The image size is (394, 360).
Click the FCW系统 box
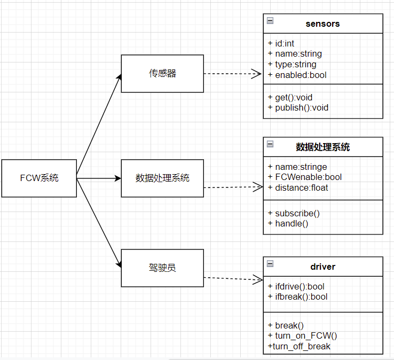39,178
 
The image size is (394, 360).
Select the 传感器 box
162,74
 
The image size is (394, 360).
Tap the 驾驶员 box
162,268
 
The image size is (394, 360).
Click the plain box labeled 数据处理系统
162,178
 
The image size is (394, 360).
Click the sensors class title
322,24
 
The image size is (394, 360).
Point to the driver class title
323,267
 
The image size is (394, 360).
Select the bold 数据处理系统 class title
323,147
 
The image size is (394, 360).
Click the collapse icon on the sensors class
270,21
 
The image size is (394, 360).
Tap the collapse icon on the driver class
270,264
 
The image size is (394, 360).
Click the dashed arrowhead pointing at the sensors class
257,74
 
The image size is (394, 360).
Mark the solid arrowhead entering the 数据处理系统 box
118,178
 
